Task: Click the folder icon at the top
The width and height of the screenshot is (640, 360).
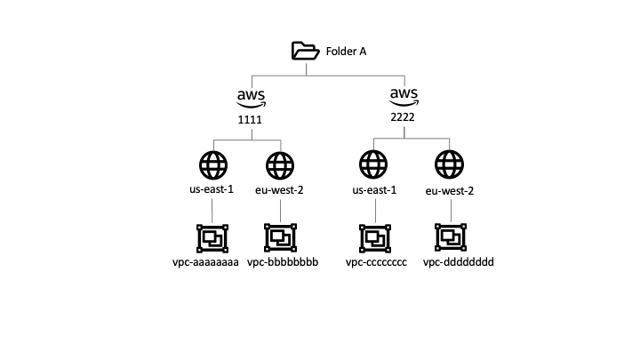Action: [306, 52]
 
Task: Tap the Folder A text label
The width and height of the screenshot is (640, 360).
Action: [345, 52]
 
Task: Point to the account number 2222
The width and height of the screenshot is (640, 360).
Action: [404, 116]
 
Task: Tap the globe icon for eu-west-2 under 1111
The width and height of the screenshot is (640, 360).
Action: [280, 165]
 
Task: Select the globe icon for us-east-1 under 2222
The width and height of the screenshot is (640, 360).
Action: [374, 165]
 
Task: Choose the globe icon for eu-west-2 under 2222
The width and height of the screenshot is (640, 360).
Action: [450, 165]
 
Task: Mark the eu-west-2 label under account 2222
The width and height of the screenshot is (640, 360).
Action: [451, 191]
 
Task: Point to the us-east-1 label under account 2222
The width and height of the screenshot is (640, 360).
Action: [374, 191]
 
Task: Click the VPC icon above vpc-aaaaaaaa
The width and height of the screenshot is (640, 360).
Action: [212, 237]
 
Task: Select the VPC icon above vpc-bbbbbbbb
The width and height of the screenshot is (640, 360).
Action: [280, 237]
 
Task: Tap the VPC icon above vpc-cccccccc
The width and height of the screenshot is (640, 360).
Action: [374, 237]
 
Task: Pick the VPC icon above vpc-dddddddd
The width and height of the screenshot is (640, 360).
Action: [450, 237]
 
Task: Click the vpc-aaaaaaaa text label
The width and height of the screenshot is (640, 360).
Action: [206, 263]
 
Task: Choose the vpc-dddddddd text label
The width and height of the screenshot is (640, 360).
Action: [458, 263]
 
